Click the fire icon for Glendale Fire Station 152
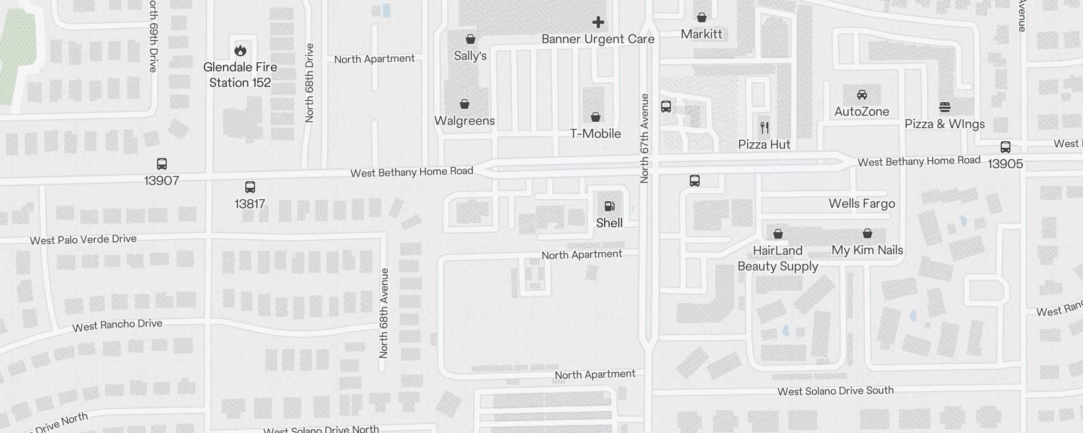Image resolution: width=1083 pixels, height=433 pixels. (x=240, y=50)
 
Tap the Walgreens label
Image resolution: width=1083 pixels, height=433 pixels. (x=465, y=121)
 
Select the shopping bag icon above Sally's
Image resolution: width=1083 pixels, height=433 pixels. (x=471, y=39)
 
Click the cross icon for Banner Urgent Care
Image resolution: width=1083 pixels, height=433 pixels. (x=598, y=22)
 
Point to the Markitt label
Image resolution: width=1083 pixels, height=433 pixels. (x=701, y=34)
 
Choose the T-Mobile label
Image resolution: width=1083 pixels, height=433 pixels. (x=595, y=134)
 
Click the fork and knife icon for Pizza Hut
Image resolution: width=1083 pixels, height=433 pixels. (x=765, y=128)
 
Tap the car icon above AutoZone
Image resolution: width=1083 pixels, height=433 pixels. (x=862, y=95)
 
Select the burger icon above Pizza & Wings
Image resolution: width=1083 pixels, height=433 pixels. (x=945, y=107)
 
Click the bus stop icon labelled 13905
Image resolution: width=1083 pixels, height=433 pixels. (x=1006, y=147)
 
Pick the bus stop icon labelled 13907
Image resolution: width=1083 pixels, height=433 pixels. (x=161, y=164)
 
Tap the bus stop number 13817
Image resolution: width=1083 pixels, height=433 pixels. (x=250, y=204)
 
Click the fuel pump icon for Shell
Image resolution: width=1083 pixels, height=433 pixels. (x=609, y=206)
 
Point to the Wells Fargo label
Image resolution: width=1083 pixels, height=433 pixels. (x=862, y=204)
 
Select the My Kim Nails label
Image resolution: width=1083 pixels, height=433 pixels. (x=867, y=250)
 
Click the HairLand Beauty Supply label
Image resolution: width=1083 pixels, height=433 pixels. (x=778, y=258)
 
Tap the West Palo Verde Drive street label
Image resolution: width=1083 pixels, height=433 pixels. (x=83, y=239)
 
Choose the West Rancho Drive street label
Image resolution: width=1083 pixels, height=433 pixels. (x=118, y=325)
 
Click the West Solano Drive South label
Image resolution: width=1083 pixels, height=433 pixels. (x=835, y=391)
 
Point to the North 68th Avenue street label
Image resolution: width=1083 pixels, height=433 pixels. (x=384, y=313)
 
